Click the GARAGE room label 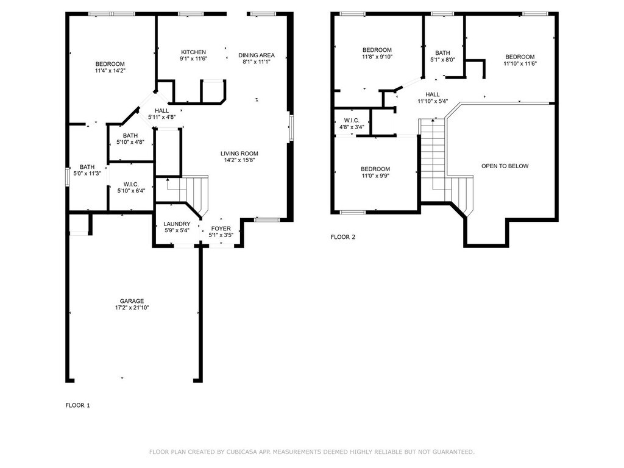pyautogui.click(x=132, y=301)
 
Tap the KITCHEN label pyautogui.click(x=193, y=52)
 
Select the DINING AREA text pyautogui.click(x=257, y=55)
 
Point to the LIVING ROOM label pyautogui.click(x=239, y=154)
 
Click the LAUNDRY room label pyautogui.click(x=177, y=224)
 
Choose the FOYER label pyautogui.click(x=221, y=229)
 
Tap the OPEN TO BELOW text pyautogui.click(x=505, y=166)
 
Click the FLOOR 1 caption pyautogui.click(x=77, y=405)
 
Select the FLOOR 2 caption pyautogui.click(x=343, y=237)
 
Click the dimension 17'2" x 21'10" pyautogui.click(x=132, y=308)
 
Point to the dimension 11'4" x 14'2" pyautogui.click(x=110, y=71)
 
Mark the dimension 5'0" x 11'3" pyautogui.click(x=87, y=174)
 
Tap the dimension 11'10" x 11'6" pyautogui.click(x=520, y=63)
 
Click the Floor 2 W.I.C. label pyautogui.click(x=352, y=121)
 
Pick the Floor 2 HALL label pyautogui.click(x=433, y=94)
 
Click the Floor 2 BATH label pyautogui.click(x=442, y=53)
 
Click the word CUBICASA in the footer pyautogui.click(x=241, y=452)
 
